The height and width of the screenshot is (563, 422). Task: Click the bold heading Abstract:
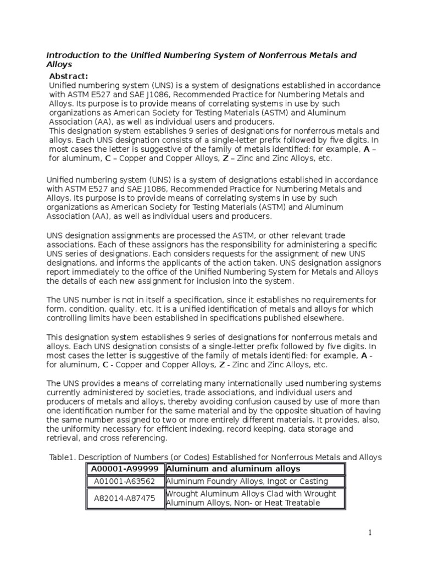click(69, 76)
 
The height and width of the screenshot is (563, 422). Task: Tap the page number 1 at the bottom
click(370, 532)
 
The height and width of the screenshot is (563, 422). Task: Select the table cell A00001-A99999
click(125, 468)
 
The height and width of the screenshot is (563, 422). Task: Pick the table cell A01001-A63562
click(125, 482)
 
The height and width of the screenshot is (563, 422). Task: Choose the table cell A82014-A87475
click(125, 498)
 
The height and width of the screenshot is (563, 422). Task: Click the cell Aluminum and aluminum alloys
click(233, 468)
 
